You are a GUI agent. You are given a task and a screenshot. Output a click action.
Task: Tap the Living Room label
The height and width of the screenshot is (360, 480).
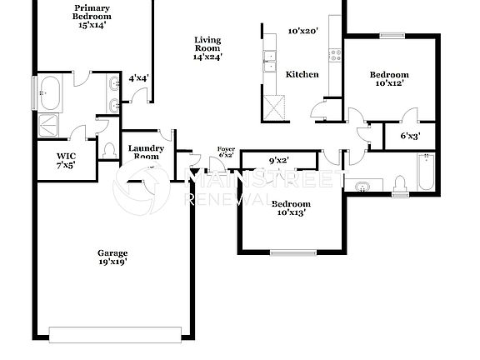(x=207, y=48)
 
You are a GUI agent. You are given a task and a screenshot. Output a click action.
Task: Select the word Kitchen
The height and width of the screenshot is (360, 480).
(x=302, y=74)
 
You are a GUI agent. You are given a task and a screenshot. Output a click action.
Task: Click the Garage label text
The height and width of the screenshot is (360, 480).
(x=112, y=257)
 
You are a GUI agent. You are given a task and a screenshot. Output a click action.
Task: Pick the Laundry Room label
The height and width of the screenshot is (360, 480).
(x=146, y=152)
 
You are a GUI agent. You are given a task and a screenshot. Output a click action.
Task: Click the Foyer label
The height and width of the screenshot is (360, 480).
(x=226, y=152)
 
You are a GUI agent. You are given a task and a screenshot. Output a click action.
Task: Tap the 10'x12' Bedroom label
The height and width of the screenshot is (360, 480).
(x=390, y=79)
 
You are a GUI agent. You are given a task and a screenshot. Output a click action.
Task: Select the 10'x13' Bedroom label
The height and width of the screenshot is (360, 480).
(x=291, y=208)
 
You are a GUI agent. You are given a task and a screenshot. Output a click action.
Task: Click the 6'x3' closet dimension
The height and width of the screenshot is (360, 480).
(x=410, y=135)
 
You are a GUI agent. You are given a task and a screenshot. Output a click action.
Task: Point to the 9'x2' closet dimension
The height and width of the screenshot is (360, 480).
(x=278, y=161)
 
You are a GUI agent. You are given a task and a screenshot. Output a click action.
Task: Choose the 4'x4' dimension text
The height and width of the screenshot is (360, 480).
(x=138, y=78)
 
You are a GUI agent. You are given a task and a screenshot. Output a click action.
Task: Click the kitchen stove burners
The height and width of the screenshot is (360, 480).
(x=336, y=56)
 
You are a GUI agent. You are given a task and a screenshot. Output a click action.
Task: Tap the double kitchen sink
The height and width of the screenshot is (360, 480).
(x=270, y=58)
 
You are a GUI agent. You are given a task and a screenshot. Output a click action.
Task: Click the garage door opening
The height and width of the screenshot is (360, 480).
(x=114, y=334)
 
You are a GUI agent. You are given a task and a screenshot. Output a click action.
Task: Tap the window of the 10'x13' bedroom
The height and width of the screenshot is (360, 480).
(x=293, y=252)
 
